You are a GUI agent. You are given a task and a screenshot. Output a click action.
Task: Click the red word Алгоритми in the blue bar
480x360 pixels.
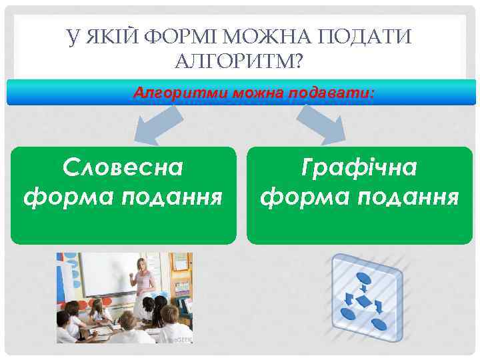[181, 93]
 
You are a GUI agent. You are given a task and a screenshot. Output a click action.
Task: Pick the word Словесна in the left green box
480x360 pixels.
[123, 168]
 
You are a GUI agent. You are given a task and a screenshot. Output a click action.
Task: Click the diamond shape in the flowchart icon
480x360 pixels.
[363, 301]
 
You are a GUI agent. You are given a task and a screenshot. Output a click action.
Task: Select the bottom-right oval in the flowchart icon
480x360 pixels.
[379, 325]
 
